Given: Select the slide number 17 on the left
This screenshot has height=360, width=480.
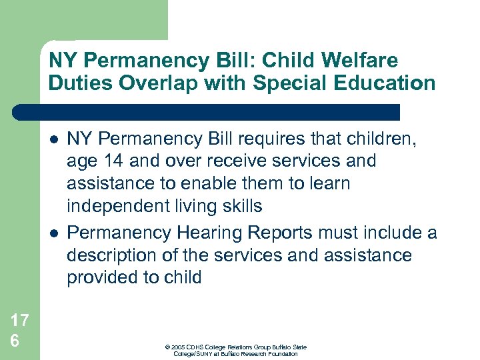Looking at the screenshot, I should pyautogui.click(x=20, y=321).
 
